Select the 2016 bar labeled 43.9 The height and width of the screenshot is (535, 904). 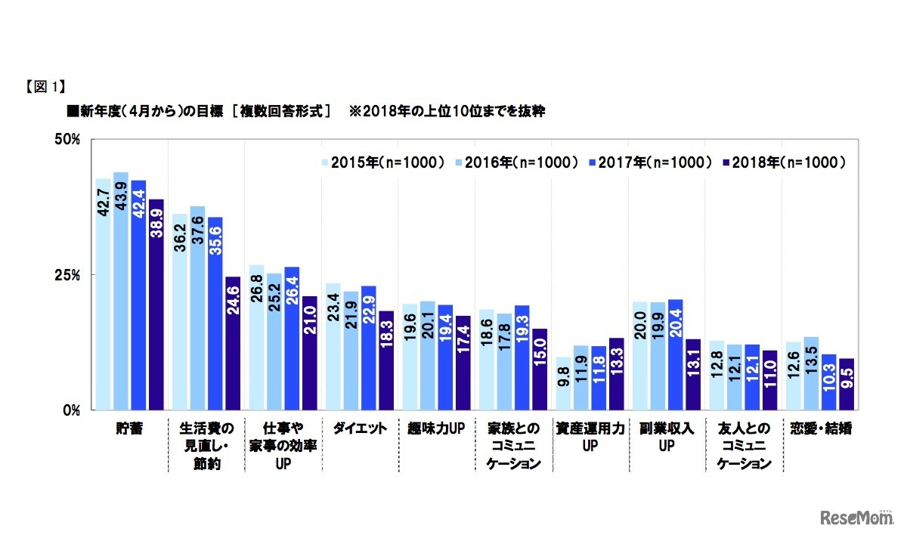[121, 291]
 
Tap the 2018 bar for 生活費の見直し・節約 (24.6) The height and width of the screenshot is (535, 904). [233, 343]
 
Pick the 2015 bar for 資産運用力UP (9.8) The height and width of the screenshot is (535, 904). [563, 383]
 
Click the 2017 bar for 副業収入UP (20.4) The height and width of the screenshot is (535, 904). [676, 354]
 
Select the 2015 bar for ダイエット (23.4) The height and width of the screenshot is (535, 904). [333, 346]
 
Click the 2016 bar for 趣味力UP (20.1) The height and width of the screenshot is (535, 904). [427, 355]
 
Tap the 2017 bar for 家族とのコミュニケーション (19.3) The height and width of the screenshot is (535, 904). [522, 357]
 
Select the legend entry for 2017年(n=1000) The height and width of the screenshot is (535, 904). [651, 162]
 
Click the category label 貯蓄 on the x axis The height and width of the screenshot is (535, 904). [129, 428]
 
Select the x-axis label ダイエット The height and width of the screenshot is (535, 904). [360, 428]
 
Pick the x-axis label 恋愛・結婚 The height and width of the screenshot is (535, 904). [819, 428]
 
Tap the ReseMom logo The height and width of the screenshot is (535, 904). [853, 517]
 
